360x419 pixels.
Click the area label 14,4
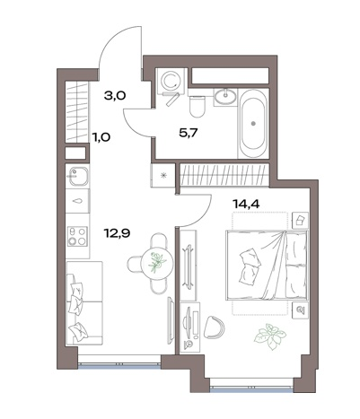246,204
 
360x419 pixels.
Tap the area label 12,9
117,232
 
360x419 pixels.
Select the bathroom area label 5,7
189,133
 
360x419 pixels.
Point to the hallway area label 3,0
115,96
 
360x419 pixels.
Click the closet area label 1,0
101,137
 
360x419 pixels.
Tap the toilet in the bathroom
198,106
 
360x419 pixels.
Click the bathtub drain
253,123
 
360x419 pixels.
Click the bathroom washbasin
225,96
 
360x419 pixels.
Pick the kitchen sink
78,177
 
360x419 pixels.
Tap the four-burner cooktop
77,236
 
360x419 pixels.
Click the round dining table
157,264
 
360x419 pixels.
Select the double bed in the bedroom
268,265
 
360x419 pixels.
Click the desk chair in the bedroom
214,327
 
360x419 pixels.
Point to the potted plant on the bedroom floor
270,336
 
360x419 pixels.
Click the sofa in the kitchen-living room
84,303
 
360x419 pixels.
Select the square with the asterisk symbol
163,175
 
